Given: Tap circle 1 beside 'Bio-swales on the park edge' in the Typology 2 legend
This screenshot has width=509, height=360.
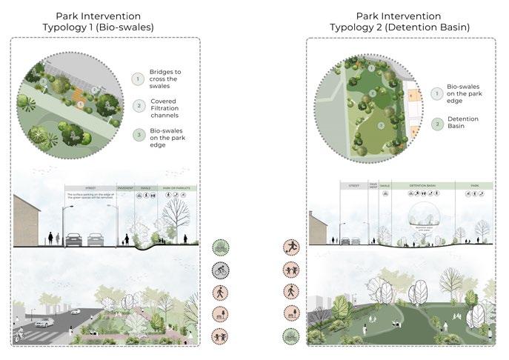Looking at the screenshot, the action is tap(437, 94).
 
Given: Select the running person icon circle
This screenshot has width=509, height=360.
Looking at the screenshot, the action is tap(291, 247).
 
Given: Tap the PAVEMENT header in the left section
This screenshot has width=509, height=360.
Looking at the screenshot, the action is tap(125, 188).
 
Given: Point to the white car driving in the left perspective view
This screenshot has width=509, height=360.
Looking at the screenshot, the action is tap(43, 323).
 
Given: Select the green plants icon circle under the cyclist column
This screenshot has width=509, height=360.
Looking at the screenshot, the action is tap(221, 247).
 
